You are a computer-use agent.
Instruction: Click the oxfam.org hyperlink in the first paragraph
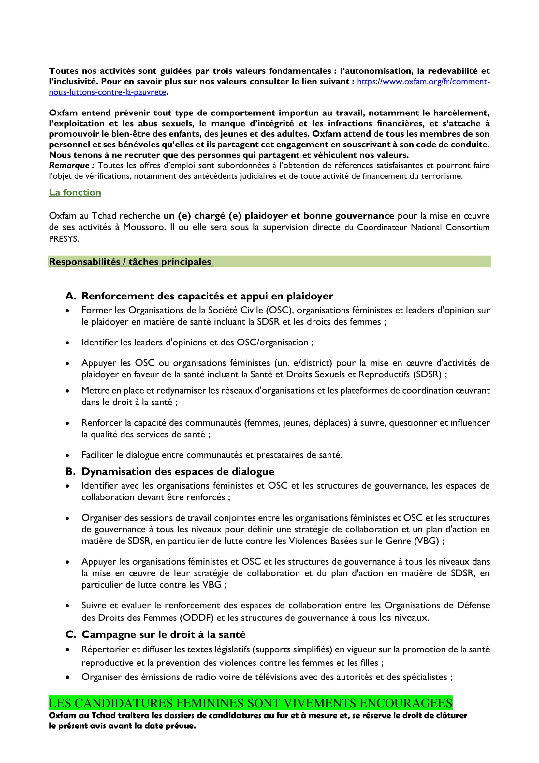423,82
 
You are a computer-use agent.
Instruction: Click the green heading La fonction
75,192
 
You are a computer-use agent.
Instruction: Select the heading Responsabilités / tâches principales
130,262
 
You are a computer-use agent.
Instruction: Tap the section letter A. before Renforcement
71,296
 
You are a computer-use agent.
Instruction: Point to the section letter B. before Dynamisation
70,472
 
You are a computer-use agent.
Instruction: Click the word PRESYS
64,239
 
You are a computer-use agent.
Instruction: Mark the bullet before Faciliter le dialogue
67,455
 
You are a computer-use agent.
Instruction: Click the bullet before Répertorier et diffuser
67,650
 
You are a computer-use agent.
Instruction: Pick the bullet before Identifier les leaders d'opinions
67,343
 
